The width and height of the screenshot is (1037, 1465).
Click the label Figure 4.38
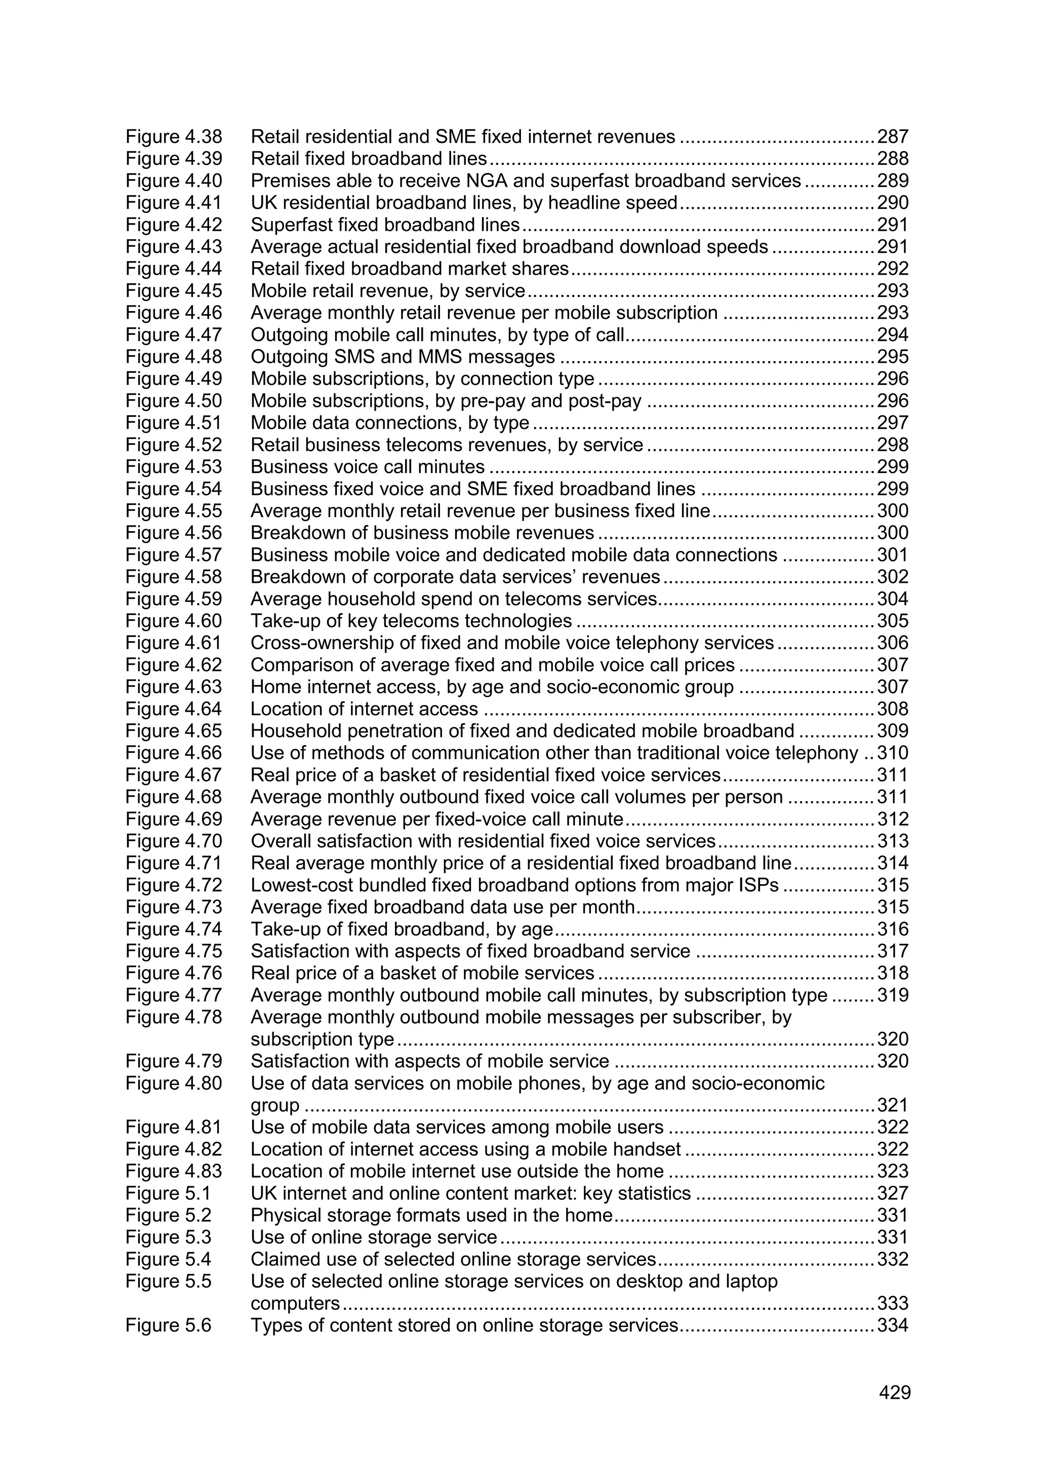(x=173, y=137)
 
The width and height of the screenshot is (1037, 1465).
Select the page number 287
(x=892, y=137)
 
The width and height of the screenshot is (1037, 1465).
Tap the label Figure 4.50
(x=173, y=401)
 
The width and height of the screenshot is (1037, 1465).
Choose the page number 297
(x=892, y=422)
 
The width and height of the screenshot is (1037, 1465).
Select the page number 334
(x=892, y=1325)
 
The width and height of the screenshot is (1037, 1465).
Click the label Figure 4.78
(x=173, y=1017)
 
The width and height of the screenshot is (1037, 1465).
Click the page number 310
(x=892, y=753)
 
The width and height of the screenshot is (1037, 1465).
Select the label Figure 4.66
(x=173, y=753)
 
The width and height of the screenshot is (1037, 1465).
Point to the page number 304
(x=892, y=598)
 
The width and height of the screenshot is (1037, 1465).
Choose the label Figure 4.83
(x=173, y=1171)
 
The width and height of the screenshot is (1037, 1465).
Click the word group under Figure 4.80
(x=274, y=1106)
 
